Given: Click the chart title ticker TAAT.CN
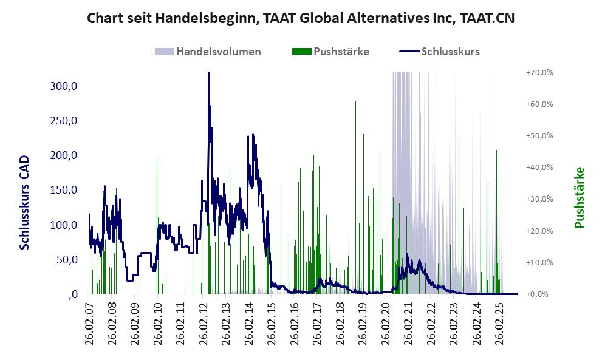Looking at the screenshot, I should tap(487, 18).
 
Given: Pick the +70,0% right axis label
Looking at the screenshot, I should tap(539, 72).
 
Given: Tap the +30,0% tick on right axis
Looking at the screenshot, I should tap(539, 199).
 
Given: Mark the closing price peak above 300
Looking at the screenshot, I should tap(208, 74).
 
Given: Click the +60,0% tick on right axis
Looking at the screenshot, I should tap(539, 104).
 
